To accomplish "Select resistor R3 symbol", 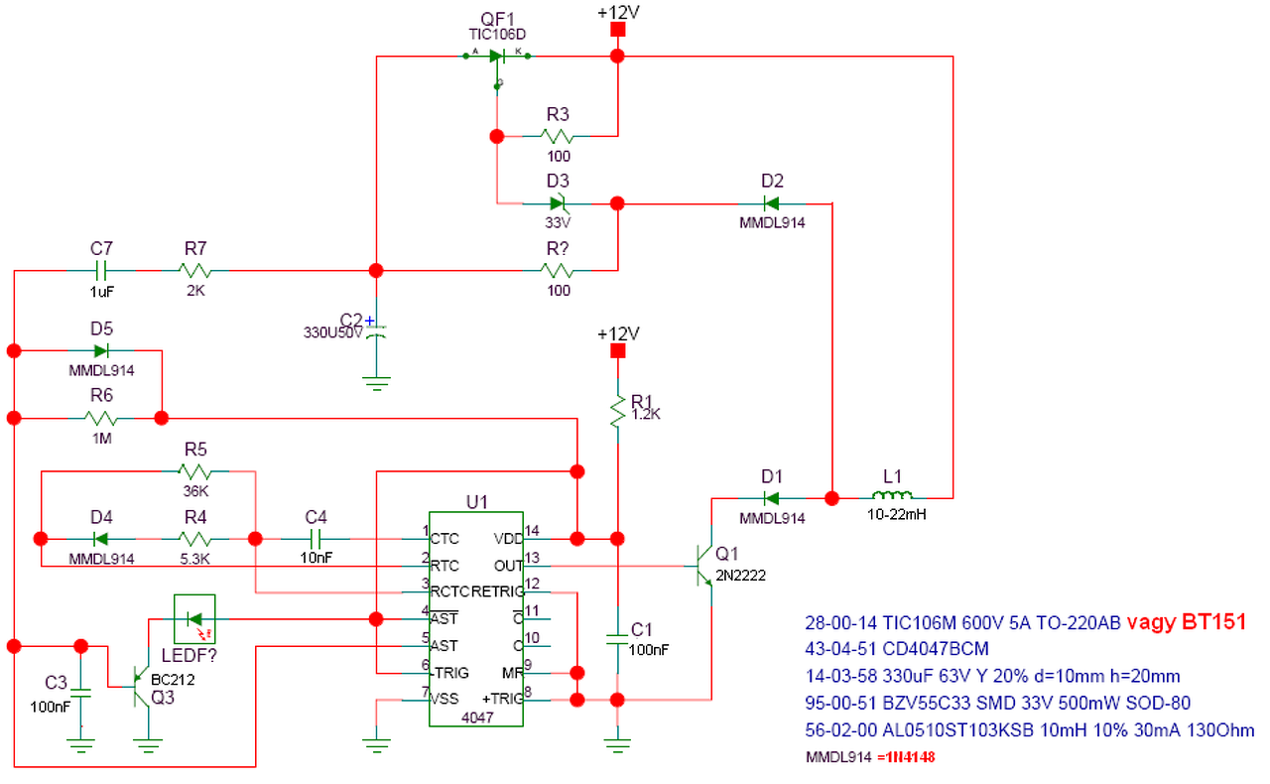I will [x=558, y=136].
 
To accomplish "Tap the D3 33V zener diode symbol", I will [x=557, y=204].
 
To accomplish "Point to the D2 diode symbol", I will [x=771, y=204].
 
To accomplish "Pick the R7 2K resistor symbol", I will [x=194, y=270].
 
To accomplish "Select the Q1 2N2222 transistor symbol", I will [x=703, y=566].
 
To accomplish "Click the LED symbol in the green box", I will [x=194, y=620].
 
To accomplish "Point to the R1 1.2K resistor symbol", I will [x=616, y=409].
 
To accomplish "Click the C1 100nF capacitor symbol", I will [x=616, y=640].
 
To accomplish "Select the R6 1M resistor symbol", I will [x=102, y=418].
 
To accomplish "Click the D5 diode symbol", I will [x=101, y=350].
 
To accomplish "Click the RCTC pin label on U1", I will [x=449, y=592].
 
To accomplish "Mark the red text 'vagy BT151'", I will [x=1186, y=622].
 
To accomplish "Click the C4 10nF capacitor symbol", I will [x=316, y=539].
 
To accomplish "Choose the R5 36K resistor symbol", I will [x=195, y=470].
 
